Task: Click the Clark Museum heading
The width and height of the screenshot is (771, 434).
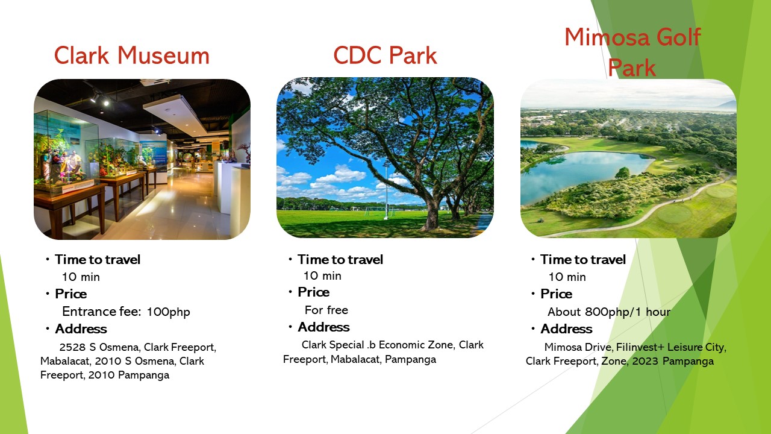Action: [x=132, y=55]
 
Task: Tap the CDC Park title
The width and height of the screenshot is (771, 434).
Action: [x=385, y=55]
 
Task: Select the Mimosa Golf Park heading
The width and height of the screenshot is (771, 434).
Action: [x=632, y=52]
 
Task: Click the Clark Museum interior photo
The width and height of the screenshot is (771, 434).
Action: [x=142, y=159]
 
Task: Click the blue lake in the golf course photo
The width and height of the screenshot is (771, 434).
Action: [x=582, y=174]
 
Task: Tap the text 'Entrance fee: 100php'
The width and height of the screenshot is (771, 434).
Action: [x=126, y=312]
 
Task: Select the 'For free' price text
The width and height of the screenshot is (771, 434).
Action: [x=326, y=310]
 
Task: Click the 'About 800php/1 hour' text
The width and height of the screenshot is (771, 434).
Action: [x=609, y=312]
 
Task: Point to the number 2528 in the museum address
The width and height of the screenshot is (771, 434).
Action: [x=72, y=347]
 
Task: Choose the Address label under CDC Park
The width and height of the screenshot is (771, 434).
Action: [x=323, y=327]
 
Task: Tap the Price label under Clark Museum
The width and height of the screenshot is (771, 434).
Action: [x=71, y=294]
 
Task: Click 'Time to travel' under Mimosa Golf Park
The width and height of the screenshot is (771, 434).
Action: [x=582, y=259]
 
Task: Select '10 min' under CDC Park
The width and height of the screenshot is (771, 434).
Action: [x=322, y=275]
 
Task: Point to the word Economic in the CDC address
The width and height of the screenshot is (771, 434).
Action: [x=401, y=345]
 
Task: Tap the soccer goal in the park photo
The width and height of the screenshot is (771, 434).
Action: [x=378, y=211]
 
